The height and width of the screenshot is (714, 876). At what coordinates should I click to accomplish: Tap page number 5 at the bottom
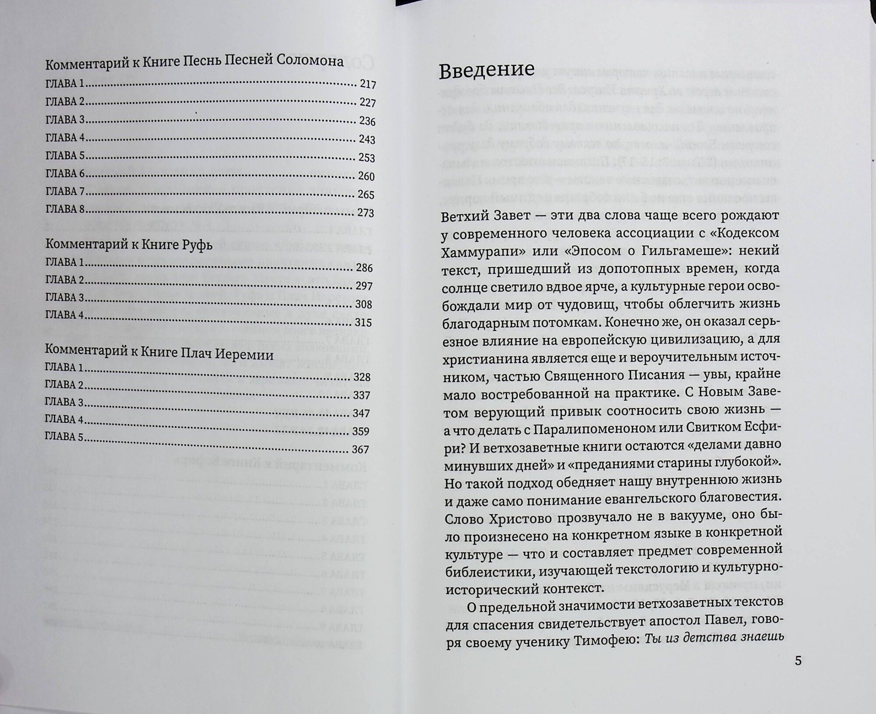pos(798,661)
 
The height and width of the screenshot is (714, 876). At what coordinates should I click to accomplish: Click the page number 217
pos(367,85)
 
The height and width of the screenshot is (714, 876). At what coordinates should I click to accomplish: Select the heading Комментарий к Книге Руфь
pos(129,245)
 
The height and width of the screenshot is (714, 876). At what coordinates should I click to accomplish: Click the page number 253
pos(367,158)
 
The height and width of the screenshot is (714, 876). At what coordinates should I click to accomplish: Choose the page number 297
pos(364,286)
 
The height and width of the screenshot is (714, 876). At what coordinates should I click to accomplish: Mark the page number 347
pos(361,414)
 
